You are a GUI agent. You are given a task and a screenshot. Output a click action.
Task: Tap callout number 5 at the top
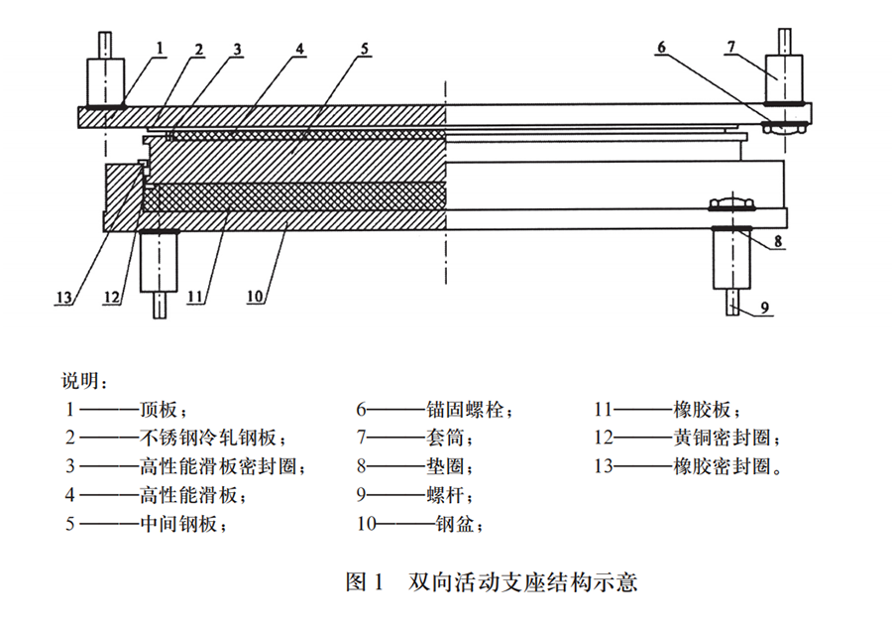[x=364, y=48]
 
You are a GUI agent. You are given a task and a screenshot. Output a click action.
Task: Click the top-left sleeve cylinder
[x=106, y=79]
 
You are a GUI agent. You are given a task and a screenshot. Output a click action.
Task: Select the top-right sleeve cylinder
[x=784, y=76]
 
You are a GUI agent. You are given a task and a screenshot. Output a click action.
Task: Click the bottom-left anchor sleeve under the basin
[x=159, y=262]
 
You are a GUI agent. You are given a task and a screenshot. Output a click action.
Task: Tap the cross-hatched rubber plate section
[x=297, y=195]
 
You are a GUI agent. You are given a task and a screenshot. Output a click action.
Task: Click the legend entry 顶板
[x=162, y=409]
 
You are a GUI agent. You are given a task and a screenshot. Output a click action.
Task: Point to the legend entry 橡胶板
[x=706, y=409]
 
